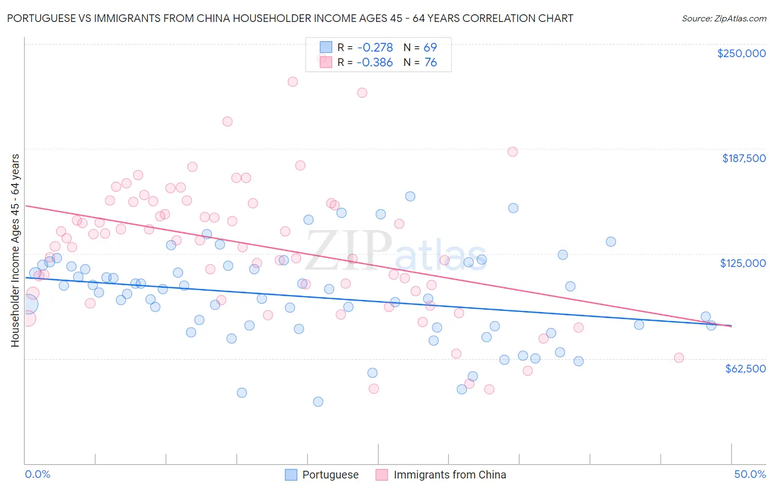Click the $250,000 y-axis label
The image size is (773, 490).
click(x=741, y=53)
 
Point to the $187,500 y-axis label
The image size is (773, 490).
click(x=743, y=158)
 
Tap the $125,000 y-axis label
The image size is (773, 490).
click(x=743, y=263)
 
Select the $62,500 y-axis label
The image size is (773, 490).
click(x=745, y=369)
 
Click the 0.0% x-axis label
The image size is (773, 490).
click(x=37, y=474)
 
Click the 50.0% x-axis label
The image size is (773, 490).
click(x=749, y=474)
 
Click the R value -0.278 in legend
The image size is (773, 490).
click(x=374, y=48)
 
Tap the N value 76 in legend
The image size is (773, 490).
click(x=430, y=63)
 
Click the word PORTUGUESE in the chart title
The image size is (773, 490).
click(x=42, y=18)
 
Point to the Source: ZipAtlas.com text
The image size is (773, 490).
click(x=724, y=19)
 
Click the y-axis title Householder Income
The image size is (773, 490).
click(x=15, y=250)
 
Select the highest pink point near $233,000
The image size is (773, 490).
click(x=293, y=81)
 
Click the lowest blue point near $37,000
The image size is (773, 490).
click(x=318, y=402)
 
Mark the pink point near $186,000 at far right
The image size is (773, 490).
click(x=512, y=152)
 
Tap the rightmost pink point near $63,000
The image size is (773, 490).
click(x=678, y=358)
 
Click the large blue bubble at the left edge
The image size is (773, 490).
click(x=27, y=305)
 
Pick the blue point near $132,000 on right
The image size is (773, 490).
click(x=610, y=242)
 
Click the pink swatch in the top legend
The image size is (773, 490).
click(x=326, y=63)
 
